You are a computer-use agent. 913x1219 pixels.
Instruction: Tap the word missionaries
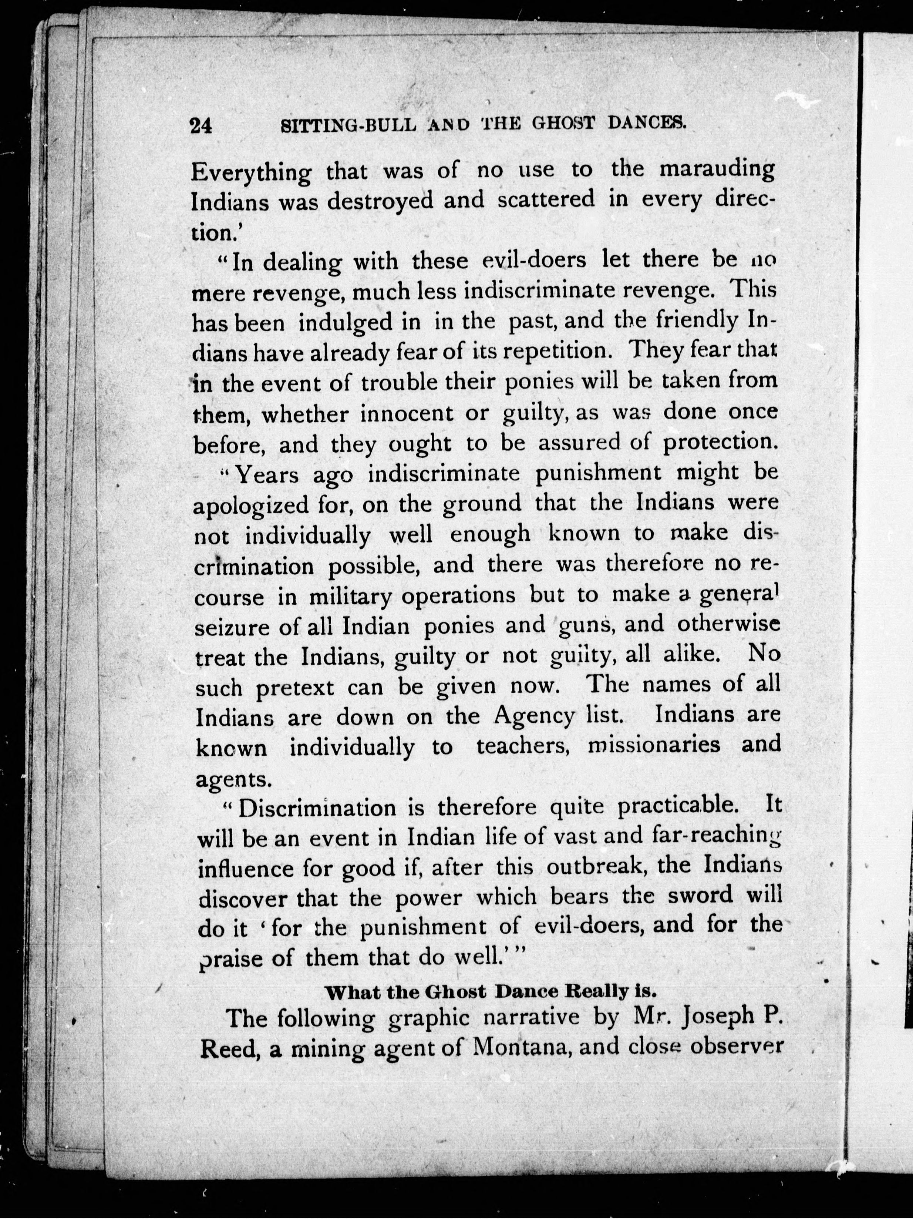click(x=654, y=745)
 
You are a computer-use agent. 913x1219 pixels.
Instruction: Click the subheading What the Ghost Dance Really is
click(x=491, y=991)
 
